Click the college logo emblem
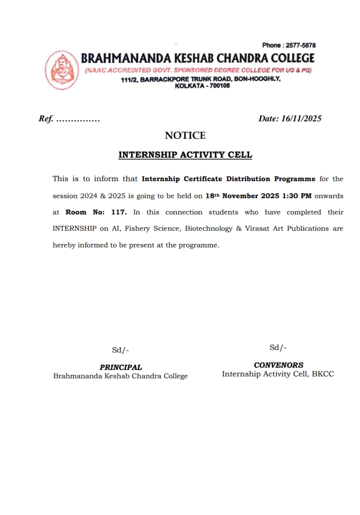62,70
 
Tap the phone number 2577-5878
301,45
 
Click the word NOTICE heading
185,135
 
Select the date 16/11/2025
301,118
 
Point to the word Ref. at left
46,119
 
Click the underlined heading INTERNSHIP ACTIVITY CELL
185,155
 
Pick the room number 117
119,212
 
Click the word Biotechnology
209,229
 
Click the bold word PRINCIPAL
121,367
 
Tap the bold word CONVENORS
279,365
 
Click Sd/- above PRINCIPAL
120,350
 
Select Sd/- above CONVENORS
278,348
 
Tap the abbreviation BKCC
323,374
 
